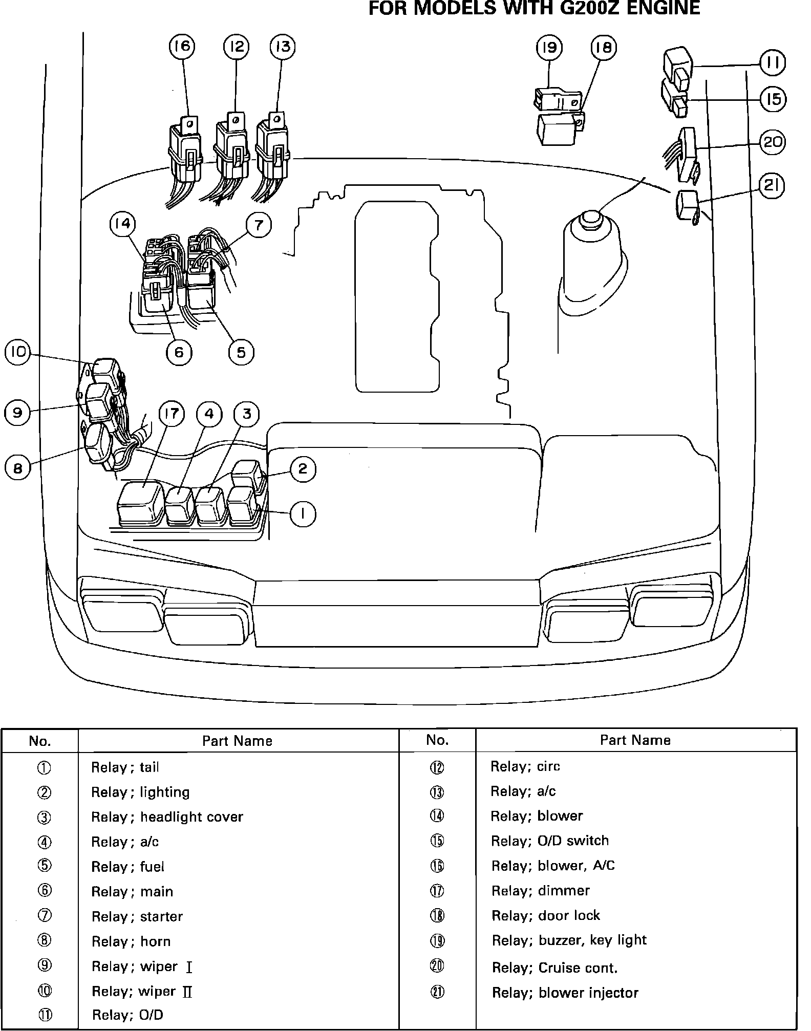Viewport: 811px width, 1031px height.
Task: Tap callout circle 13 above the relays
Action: point(283,47)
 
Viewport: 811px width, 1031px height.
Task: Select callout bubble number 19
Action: point(549,48)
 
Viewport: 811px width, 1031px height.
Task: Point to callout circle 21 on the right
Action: point(772,186)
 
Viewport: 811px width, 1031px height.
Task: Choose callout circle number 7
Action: point(259,225)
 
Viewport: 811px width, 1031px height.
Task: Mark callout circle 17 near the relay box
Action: point(171,414)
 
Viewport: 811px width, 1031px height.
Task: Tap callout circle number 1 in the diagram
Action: point(303,514)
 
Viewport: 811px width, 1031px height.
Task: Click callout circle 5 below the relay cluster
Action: point(241,352)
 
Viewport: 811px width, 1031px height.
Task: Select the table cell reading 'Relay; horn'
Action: point(131,941)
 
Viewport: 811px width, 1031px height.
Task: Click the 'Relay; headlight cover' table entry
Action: point(167,817)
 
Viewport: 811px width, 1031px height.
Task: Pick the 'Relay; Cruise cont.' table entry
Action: point(554,968)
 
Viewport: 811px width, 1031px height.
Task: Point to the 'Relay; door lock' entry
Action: point(546,915)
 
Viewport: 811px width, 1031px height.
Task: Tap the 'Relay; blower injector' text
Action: point(565,993)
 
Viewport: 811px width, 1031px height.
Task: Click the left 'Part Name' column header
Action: point(237,741)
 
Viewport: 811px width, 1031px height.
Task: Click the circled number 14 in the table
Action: point(437,816)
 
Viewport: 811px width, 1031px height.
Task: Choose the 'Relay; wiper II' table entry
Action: point(142,992)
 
